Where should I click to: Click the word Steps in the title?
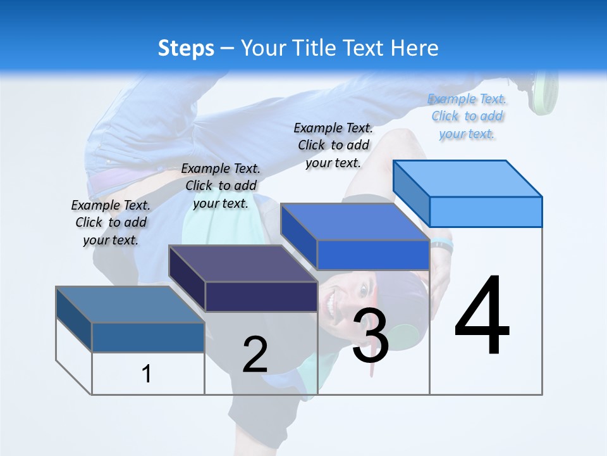click(x=186, y=48)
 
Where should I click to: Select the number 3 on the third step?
click(x=371, y=336)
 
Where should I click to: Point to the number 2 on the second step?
click(x=255, y=355)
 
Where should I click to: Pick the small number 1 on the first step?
click(x=147, y=374)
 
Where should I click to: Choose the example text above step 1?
click(x=111, y=222)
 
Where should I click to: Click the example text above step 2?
click(x=221, y=186)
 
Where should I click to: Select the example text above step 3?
click(x=333, y=145)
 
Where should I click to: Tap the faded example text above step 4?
click(x=467, y=116)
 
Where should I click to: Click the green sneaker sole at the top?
click(x=545, y=92)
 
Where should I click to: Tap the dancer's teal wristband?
click(x=441, y=244)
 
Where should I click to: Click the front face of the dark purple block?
click(x=261, y=296)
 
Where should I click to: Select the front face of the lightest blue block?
click(x=486, y=212)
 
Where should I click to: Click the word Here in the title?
click(x=415, y=48)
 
